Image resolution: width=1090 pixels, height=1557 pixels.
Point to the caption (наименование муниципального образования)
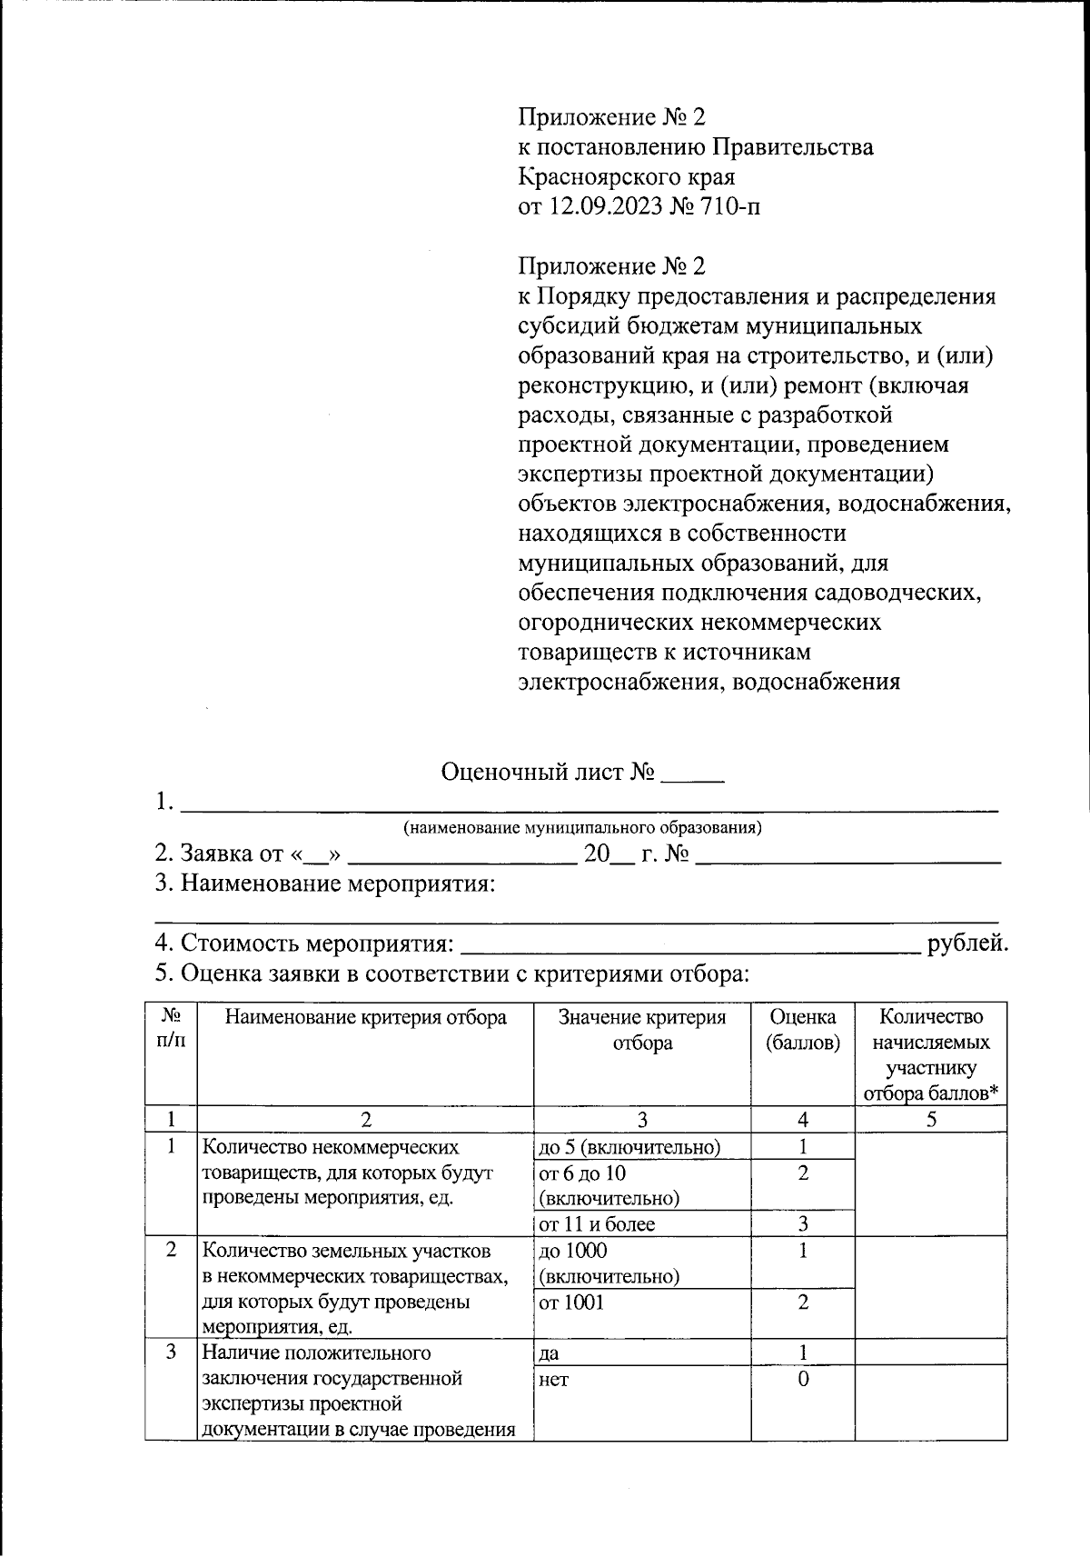[x=582, y=828]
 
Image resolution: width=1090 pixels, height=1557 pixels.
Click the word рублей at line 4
[x=966, y=943]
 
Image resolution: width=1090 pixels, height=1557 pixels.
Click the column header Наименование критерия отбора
[x=365, y=1017]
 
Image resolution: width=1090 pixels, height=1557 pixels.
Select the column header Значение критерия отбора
[x=642, y=1030]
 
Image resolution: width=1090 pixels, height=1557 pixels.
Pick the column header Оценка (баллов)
[x=803, y=1030]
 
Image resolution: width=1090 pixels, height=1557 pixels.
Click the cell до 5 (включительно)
[x=629, y=1147]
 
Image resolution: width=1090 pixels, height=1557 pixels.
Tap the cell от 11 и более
[x=597, y=1223]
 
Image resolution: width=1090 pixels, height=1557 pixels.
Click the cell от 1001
[x=571, y=1302]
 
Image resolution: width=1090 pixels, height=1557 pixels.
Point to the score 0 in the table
[x=803, y=1380]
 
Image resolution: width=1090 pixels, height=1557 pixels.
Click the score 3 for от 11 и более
[x=803, y=1223]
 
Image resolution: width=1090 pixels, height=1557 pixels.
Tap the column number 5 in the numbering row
[x=931, y=1119]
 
